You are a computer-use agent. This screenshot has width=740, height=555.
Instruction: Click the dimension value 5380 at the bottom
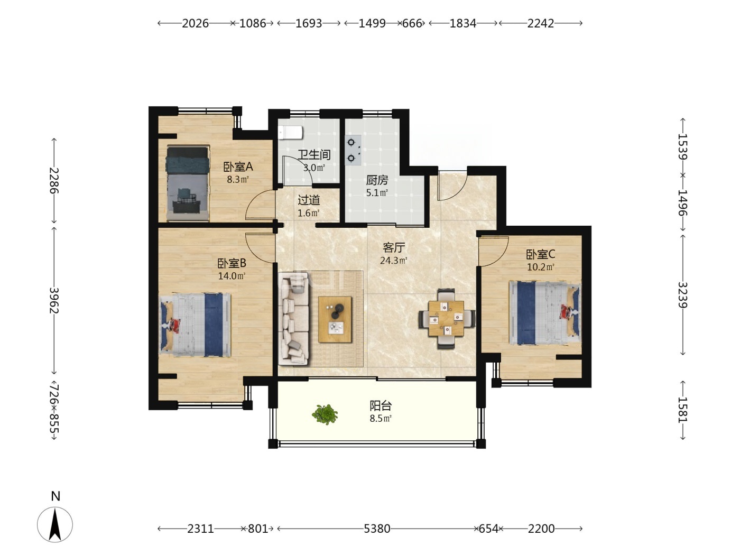point(377,529)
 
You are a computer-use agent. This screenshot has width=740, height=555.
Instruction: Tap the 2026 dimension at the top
point(195,23)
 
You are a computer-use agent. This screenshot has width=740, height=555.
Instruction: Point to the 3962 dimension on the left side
point(54,300)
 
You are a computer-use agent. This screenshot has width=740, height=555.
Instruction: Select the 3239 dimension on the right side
point(683,295)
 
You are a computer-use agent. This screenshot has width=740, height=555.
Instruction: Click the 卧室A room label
point(238,166)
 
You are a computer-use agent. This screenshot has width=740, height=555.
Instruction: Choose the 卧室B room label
point(232,263)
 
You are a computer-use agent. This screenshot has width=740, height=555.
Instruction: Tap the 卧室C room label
point(540,254)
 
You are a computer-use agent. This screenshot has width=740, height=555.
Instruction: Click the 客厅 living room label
point(394,248)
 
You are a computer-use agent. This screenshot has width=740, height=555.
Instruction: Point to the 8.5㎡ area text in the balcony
point(381,419)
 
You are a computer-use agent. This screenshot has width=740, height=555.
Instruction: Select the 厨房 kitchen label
point(377,180)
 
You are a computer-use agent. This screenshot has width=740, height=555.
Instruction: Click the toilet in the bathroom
point(290,133)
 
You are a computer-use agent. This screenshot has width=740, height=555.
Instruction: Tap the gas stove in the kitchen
point(353,150)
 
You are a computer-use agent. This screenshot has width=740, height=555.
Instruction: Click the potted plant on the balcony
point(325,414)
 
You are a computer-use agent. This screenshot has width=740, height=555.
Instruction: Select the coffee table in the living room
point(335,319)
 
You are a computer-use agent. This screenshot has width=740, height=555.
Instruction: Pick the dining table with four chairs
point(447,319)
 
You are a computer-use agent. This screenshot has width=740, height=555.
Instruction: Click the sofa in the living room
point(293,319)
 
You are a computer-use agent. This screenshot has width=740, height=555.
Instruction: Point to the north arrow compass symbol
point(55,525)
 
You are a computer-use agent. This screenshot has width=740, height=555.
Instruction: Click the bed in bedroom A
point(188,183)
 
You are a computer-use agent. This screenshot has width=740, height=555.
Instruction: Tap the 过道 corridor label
point(309,200)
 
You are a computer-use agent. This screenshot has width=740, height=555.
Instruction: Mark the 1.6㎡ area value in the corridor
point(309,214)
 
